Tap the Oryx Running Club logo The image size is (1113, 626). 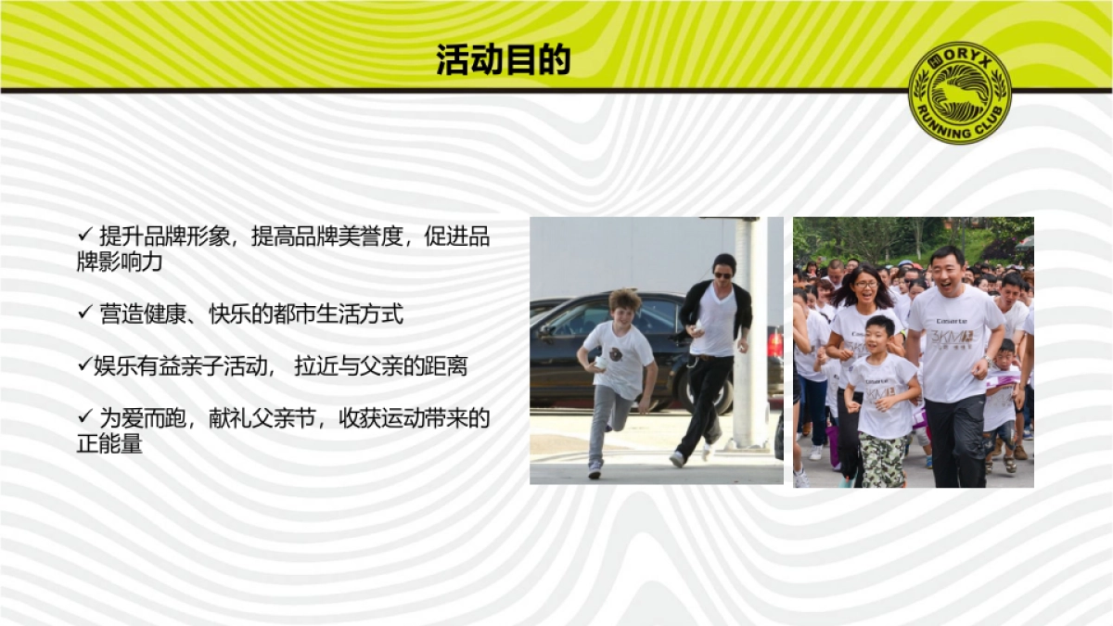(x=959, y=93)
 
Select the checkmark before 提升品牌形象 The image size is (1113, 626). (x=84, y=236)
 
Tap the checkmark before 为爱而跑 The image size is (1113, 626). (x=84, y=417)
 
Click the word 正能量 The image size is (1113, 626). (x=109, y=444)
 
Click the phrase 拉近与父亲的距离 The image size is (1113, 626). (x=380, y=366)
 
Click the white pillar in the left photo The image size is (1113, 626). (x=752, y=325)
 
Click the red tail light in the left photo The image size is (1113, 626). (x=775, y=343)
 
